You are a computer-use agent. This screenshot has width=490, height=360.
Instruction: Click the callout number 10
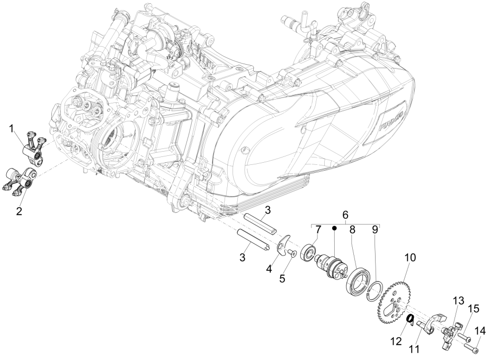pyautogui.click(x=411, y=258)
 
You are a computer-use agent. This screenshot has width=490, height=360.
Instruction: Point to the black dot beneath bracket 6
pyautogui.click(x=335, y=229)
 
